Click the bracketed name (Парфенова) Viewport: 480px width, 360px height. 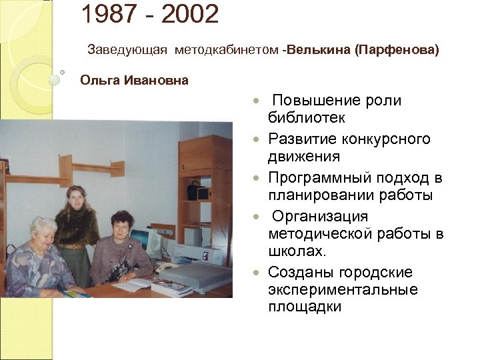click(398, 51)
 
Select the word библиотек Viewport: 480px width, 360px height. click(307, 118)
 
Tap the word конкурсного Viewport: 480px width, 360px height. click(380, 139)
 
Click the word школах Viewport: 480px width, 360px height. click(295, 251)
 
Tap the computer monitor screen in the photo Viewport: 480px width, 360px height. click(141, 241)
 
